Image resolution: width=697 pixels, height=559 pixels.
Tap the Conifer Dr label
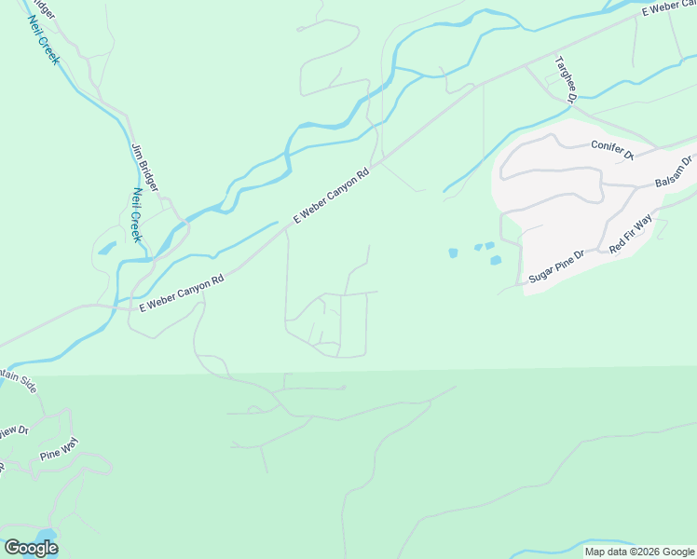pos(612,149)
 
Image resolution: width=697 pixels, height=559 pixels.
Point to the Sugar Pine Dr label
pos(555,267)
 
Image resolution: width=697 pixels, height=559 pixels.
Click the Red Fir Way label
pos(631,234)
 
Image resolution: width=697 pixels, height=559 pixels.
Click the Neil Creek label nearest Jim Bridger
pos(136,215)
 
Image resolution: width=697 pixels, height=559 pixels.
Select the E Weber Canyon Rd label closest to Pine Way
pos(183,293)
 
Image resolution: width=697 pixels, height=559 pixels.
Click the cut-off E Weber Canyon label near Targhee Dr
pos(669,9)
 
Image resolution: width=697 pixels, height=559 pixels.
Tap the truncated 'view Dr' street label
pos(15,430)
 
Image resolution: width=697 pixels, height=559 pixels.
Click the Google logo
pos(31,548)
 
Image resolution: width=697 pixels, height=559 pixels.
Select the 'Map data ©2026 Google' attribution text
pos(639,552)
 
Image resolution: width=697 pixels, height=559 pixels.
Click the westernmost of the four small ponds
pos(453,252)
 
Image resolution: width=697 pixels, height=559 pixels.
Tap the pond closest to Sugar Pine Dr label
pos(496,260)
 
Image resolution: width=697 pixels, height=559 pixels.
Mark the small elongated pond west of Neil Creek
pos(107,249)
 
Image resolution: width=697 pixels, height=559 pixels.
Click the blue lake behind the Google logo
pos(45,537)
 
